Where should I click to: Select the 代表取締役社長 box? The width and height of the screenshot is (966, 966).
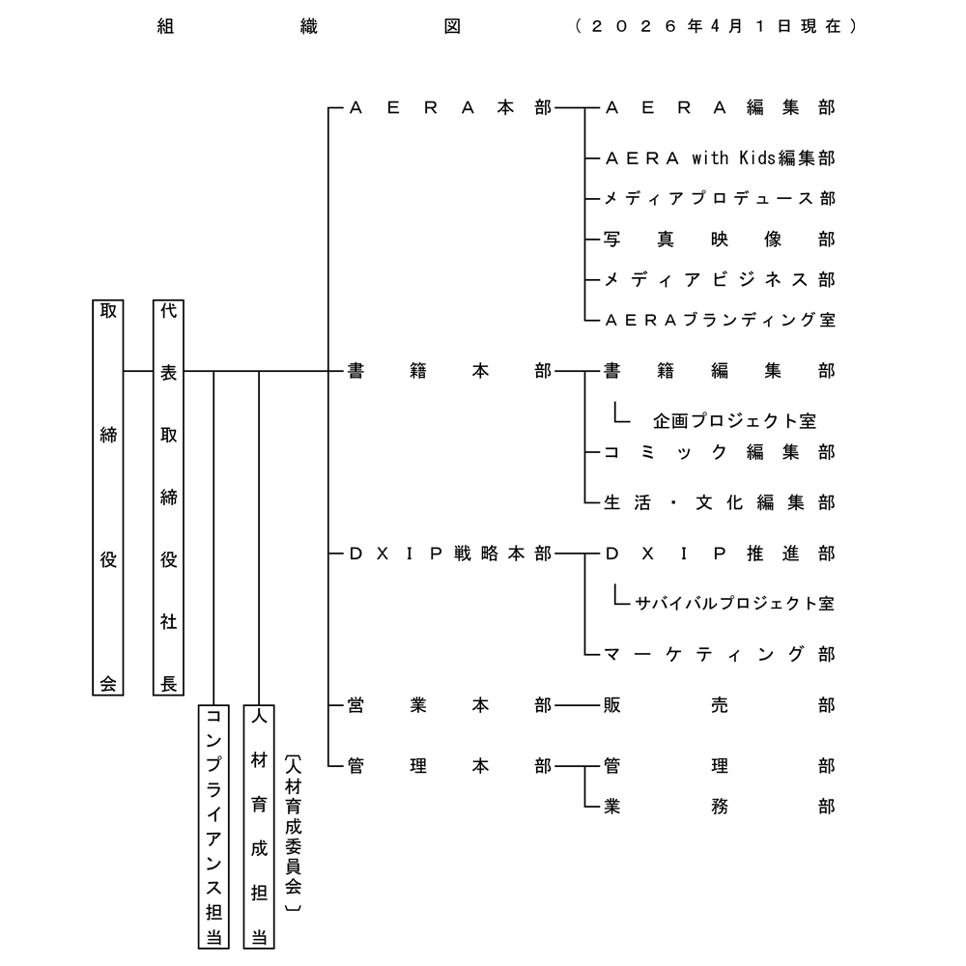[168, 497]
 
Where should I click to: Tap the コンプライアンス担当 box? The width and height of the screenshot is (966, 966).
[213, 826]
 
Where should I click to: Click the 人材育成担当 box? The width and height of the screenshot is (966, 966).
[259, 826]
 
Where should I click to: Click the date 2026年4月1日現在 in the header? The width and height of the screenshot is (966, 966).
[715, 27]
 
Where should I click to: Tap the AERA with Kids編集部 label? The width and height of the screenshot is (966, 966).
[719, 157]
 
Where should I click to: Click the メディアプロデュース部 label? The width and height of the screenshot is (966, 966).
[719, 198]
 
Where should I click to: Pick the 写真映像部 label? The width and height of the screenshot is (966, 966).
[719, 239]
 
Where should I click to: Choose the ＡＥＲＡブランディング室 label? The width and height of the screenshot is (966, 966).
[719, 320]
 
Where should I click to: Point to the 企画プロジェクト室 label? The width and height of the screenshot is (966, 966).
[734, 421]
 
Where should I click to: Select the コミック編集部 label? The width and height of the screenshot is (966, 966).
[719, 452]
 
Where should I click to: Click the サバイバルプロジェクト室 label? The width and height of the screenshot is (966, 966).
[734, 604]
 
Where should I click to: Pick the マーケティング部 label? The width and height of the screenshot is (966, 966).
[719, 654]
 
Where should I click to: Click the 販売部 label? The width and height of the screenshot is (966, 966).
[719, 705]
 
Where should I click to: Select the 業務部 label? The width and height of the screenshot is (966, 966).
[719, 806]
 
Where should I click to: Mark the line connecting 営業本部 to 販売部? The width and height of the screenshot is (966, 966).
[576, 705]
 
